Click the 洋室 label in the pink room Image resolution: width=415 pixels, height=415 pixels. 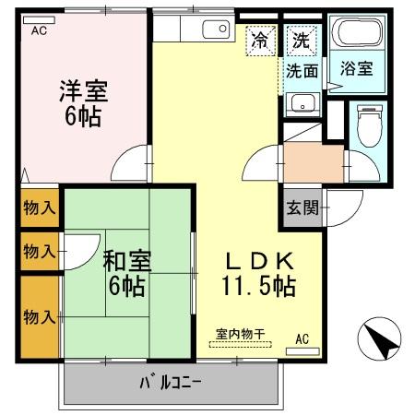[x=83, y=91]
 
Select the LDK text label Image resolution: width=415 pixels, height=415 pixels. [x=256, y=260]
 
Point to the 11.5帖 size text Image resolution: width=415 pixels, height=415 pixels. [x=257, y=286]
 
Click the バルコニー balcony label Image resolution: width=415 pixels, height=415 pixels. [x=171, y=382]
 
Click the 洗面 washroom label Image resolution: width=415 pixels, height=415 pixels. [x=302, y=70]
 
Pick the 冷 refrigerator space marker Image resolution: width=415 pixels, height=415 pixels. [x=261, y=41]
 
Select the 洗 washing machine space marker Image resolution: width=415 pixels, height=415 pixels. [x=301, y=40]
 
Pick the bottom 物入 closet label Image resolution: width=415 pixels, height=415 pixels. [x=39, y=317]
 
